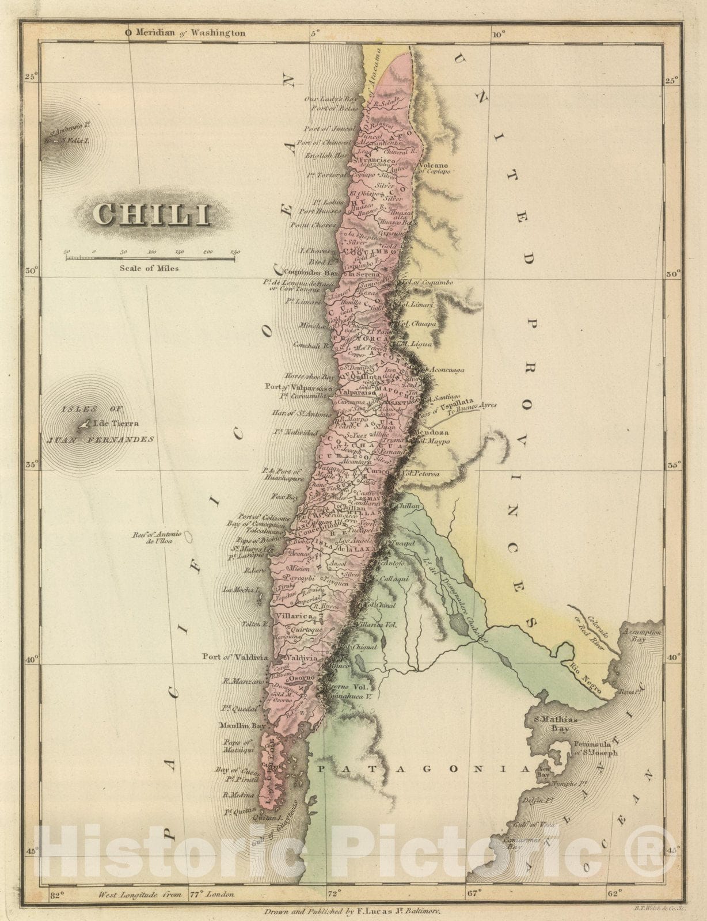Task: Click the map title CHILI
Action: tap(151, 215)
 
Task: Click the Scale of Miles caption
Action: tap(149, 268)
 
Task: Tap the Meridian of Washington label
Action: tap(185, 33)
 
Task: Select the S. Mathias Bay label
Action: tap(551, 724)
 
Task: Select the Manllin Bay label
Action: tap(241, 726)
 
